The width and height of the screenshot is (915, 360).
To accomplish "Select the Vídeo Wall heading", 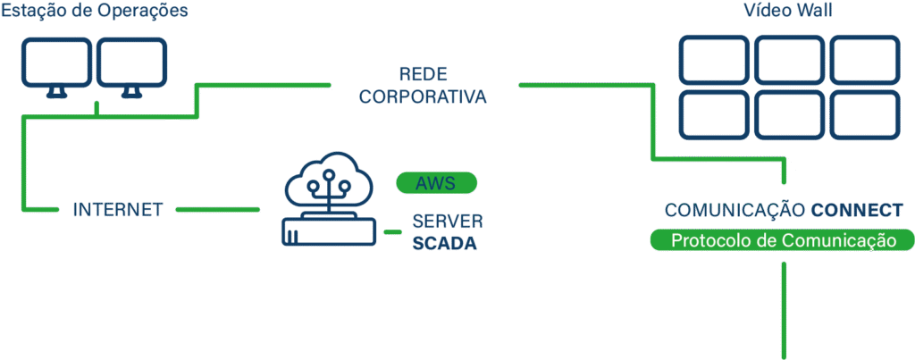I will [x=787, y=12].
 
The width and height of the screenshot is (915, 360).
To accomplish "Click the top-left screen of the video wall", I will [x=712, y=59].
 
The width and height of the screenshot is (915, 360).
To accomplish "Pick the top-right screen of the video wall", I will [x=864, y=59].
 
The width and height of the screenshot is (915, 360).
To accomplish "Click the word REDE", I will [x=424, y=73].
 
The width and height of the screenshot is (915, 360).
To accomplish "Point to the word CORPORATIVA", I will [x=424, y=96].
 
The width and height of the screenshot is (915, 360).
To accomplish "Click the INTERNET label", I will [x=118, y=210].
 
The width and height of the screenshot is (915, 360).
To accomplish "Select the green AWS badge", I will [x=436, y=184].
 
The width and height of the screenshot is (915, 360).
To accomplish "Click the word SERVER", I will [x=448, y=221].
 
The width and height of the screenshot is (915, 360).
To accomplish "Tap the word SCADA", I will [x=445, y=242].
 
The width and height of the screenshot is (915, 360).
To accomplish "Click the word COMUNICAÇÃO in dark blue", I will [x=735, y=211].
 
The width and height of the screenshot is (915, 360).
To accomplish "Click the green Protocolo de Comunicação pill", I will [x=783, y=241].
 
